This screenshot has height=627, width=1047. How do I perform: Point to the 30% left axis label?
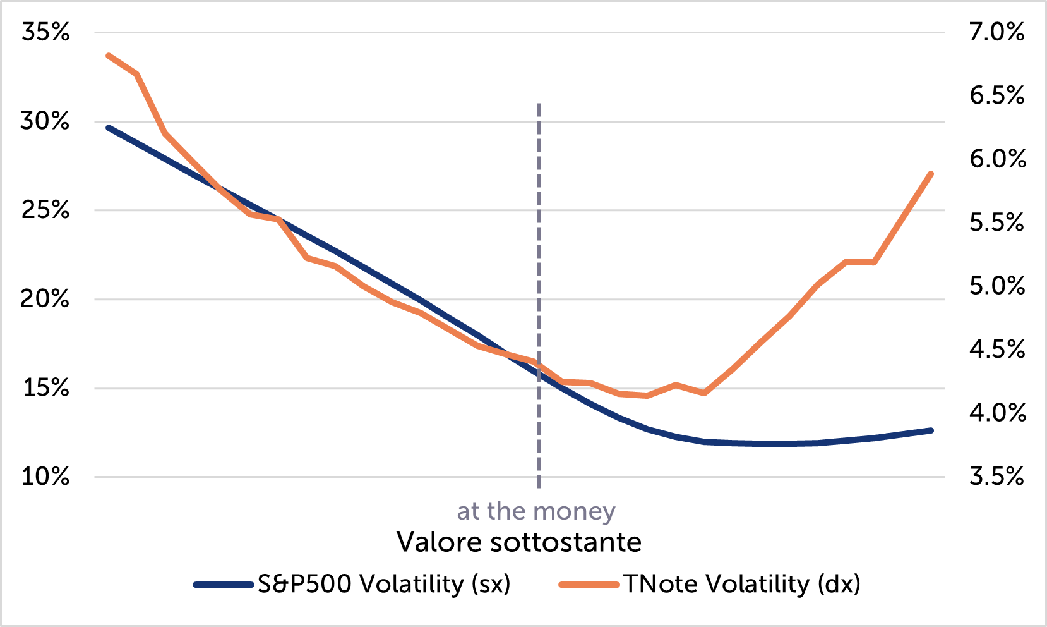(x=45, y=121)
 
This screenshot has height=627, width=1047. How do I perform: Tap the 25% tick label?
(x=45, y=210)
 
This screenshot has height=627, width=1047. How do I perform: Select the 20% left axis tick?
(x=45, y=299)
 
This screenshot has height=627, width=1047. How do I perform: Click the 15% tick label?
(x=45, y=387)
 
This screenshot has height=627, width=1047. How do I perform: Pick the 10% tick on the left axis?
(x=45, y=477)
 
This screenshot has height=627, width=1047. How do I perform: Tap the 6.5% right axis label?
(x=997, y=95)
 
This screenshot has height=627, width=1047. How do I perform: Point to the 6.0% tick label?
(x=997, y=159)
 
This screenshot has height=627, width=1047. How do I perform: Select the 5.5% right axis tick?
(x=997, y=222)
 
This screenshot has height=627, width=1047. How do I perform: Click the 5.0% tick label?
(x=997, y=286)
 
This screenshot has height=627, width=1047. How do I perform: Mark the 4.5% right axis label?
(x=997, y=350)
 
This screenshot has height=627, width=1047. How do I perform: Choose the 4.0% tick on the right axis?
(x=997, y=413)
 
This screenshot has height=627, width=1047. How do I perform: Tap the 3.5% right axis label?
(x=997, y=477)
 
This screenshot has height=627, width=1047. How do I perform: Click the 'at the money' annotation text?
(x=536, y=511)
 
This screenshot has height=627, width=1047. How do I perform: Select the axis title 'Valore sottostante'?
(x=519, y=542)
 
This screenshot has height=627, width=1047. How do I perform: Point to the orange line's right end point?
(x=931, y=173)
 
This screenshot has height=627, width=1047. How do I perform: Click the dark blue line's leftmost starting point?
(x=109, y=128)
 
